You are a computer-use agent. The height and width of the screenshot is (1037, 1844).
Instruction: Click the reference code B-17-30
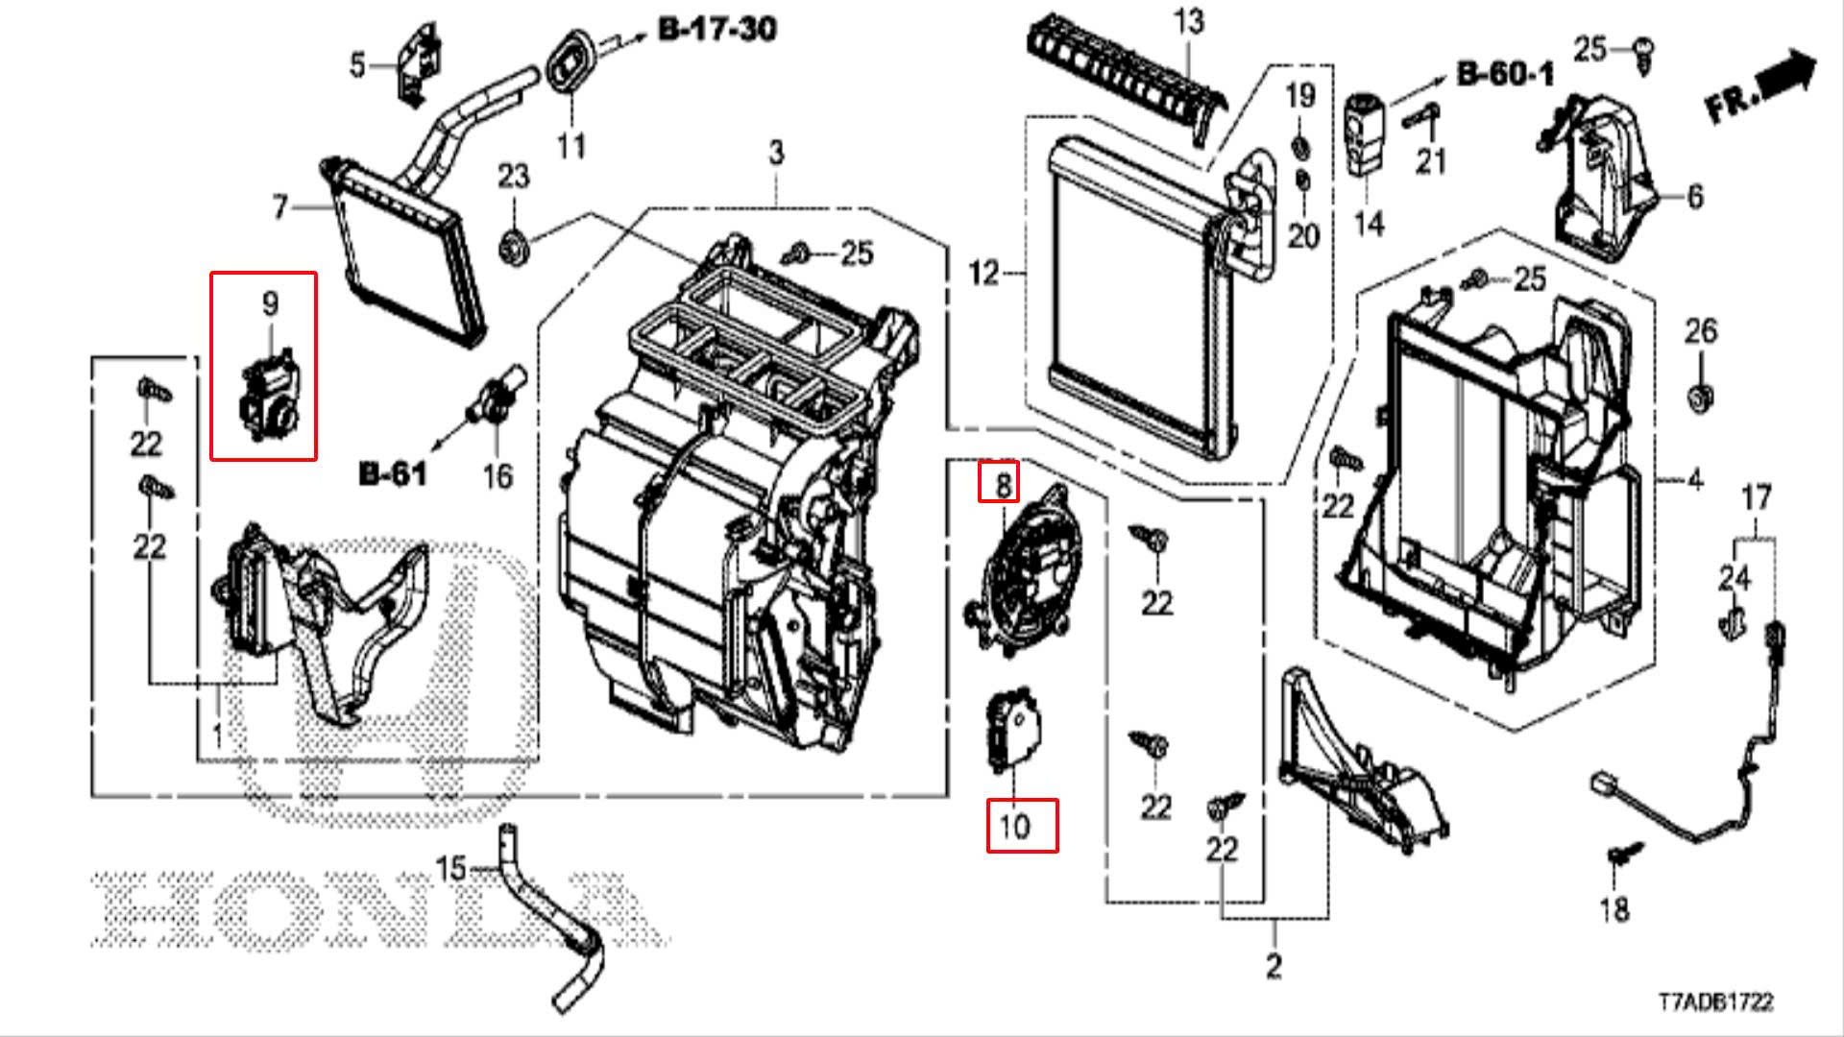click(717, 30)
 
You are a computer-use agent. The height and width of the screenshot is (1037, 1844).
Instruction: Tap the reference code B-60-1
click(1505, 74)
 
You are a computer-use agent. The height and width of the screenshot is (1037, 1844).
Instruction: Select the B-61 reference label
click(392, 473)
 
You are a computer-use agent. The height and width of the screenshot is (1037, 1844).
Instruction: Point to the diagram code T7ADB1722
click(1714, 1002)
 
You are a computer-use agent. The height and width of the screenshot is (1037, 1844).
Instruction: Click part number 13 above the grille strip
click(1189, 21)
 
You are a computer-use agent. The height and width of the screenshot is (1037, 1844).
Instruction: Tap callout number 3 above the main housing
click(776, 152)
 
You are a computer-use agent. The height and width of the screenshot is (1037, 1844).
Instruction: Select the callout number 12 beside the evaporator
click(983, 274)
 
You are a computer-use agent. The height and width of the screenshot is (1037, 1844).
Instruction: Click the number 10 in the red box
click(1015, 826)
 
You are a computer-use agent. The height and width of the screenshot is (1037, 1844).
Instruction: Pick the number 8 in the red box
click(1002, 484)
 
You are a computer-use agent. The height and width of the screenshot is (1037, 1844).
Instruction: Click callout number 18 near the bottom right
click(1614, 908)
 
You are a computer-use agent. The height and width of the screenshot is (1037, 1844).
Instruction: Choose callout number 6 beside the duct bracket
click(1694, 197)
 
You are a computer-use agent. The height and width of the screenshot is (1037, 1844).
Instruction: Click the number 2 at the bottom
click(1274, 965)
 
